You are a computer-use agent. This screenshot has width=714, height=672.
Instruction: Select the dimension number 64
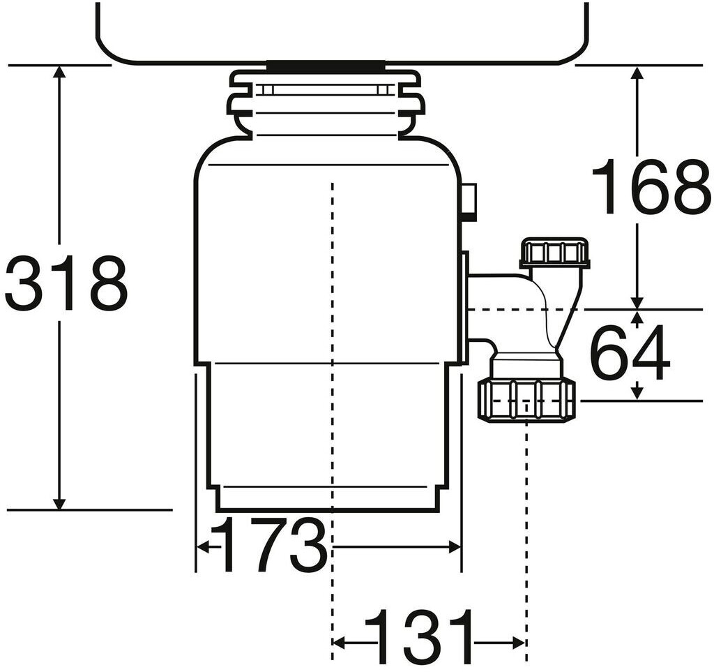(x=630, y=353)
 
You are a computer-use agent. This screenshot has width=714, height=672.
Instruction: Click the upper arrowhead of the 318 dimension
(x=59, y=72)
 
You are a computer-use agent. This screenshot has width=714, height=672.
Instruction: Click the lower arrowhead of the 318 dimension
(x=59, y=503)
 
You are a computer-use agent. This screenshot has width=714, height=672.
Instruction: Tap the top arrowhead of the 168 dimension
(x=637, y=72)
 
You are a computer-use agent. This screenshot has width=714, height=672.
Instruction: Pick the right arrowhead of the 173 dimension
(x=455, y=546)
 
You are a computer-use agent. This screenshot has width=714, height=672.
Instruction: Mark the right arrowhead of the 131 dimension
(x=519, y=643)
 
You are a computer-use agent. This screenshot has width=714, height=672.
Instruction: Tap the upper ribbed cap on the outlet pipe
(x=555, y=253)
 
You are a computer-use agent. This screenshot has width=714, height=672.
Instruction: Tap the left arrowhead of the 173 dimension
(x=202, y=546)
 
